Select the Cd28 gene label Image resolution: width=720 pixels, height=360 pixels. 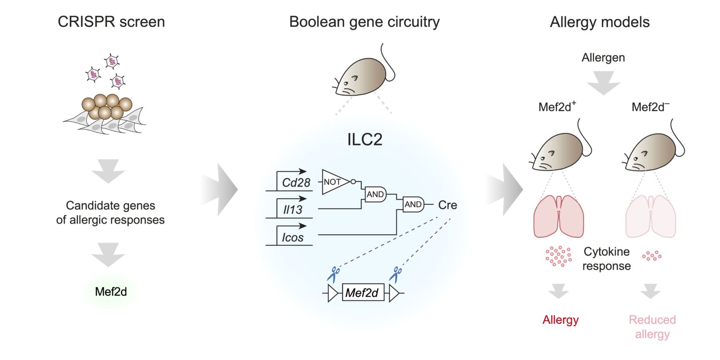(x=296, y=183)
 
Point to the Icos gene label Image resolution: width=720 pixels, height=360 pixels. (x=293, y=237)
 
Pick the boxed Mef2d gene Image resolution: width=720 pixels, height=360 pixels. (x=363, y=293)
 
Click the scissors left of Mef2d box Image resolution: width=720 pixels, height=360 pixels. (x=335, y=274)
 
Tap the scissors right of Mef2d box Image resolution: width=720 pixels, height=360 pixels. (x=397, y=274)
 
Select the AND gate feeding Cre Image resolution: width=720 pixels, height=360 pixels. (x=412, y=204)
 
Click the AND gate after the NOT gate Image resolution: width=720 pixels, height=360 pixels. (x=375, y=194)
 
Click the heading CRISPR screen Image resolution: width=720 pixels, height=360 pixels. (x=111, y=22)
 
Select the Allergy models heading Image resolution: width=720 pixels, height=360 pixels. (x=600, y=22)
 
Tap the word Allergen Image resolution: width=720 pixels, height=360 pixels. (x=603, y=58)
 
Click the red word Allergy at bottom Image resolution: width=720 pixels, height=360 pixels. (x=561, y=320)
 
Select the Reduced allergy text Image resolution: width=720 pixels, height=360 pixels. (x=652, y=327)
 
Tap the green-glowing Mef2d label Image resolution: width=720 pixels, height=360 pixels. (x=111, y=292)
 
